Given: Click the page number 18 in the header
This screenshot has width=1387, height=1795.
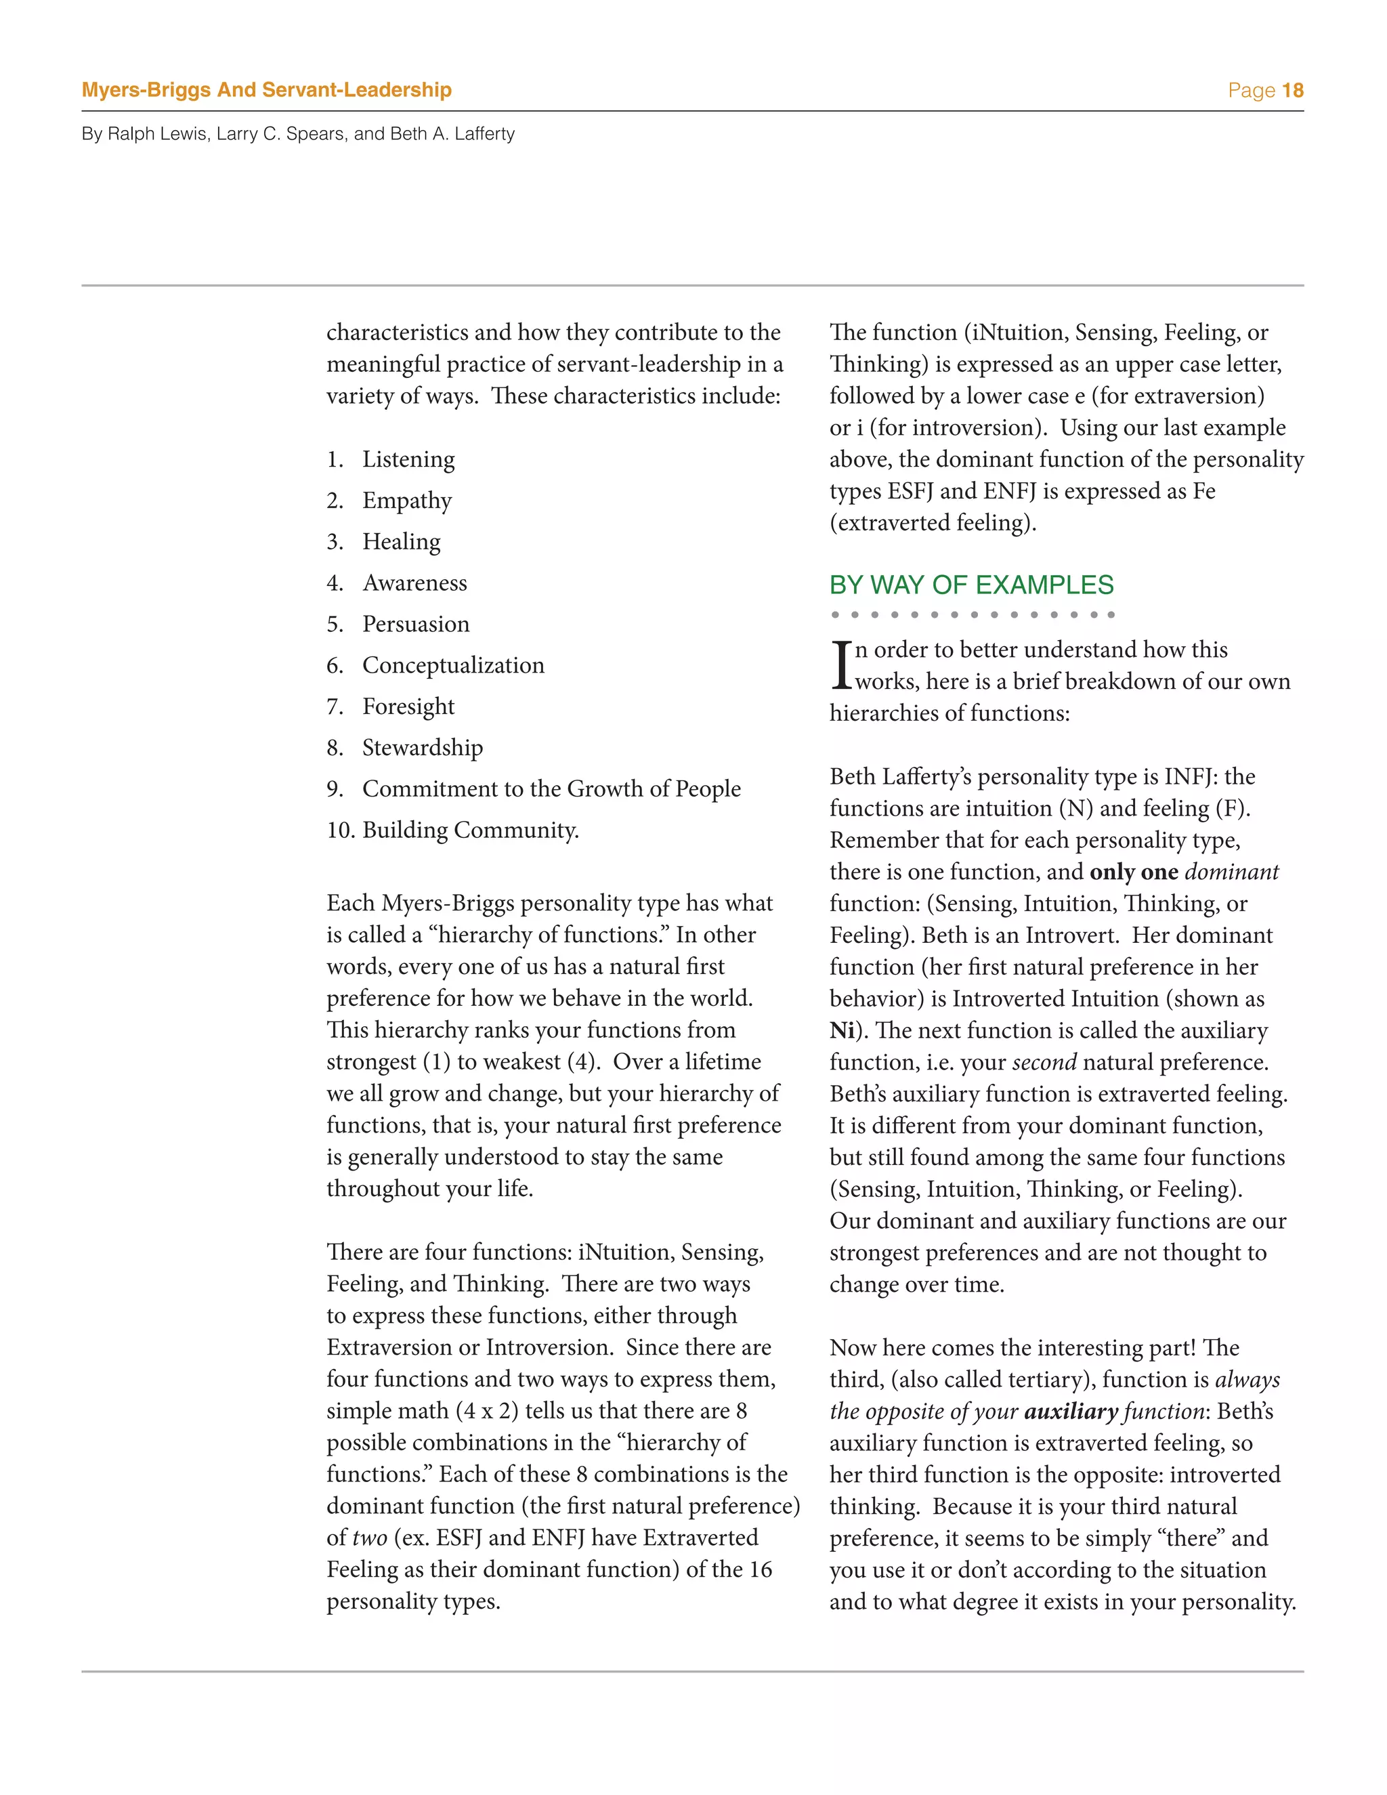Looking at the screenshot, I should [x=1292, y=90].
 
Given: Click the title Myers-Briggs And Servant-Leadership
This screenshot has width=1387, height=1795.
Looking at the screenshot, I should [x=266, y=89].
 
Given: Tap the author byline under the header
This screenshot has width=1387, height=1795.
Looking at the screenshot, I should [x=297, y=134].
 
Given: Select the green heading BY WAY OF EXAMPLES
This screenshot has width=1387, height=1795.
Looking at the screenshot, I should [x=970, y=585].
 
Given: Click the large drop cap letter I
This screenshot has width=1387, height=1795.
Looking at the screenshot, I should [x=840, y=665].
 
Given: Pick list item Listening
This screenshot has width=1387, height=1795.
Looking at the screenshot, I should [x=408, y=459].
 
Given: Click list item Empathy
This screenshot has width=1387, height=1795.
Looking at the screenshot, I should [x=407, y=501].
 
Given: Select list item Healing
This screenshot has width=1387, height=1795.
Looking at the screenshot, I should [x=401, y=542].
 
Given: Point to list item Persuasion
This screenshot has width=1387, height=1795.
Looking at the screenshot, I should [x=416, y=624].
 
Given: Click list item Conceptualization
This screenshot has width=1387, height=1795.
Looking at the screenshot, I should [x=453, y=665].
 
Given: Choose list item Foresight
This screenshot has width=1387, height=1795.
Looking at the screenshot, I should [x=408, y=706].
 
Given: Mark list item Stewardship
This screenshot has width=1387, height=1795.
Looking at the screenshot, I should [x=423, y=747].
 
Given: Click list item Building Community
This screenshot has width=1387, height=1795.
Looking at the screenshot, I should [x=470, y=830].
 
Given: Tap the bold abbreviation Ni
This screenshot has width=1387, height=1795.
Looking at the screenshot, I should [x=841, y=1031].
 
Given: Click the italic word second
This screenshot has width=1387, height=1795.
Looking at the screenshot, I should [x=1044, y=1063].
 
